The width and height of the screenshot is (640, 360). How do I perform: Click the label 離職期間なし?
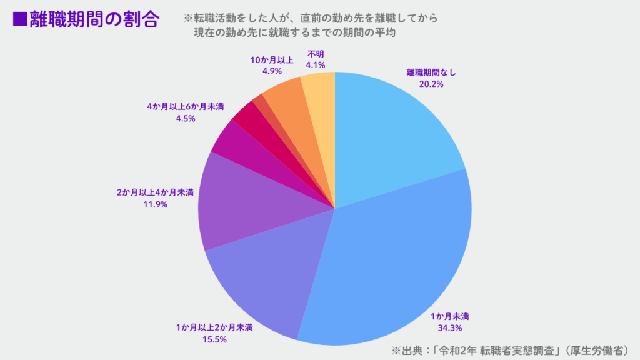pos(431,72)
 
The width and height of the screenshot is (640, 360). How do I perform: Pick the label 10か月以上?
pos(272,59)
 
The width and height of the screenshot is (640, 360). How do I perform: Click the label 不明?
pos(316,53)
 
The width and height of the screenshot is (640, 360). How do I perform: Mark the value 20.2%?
pos(431,84)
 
